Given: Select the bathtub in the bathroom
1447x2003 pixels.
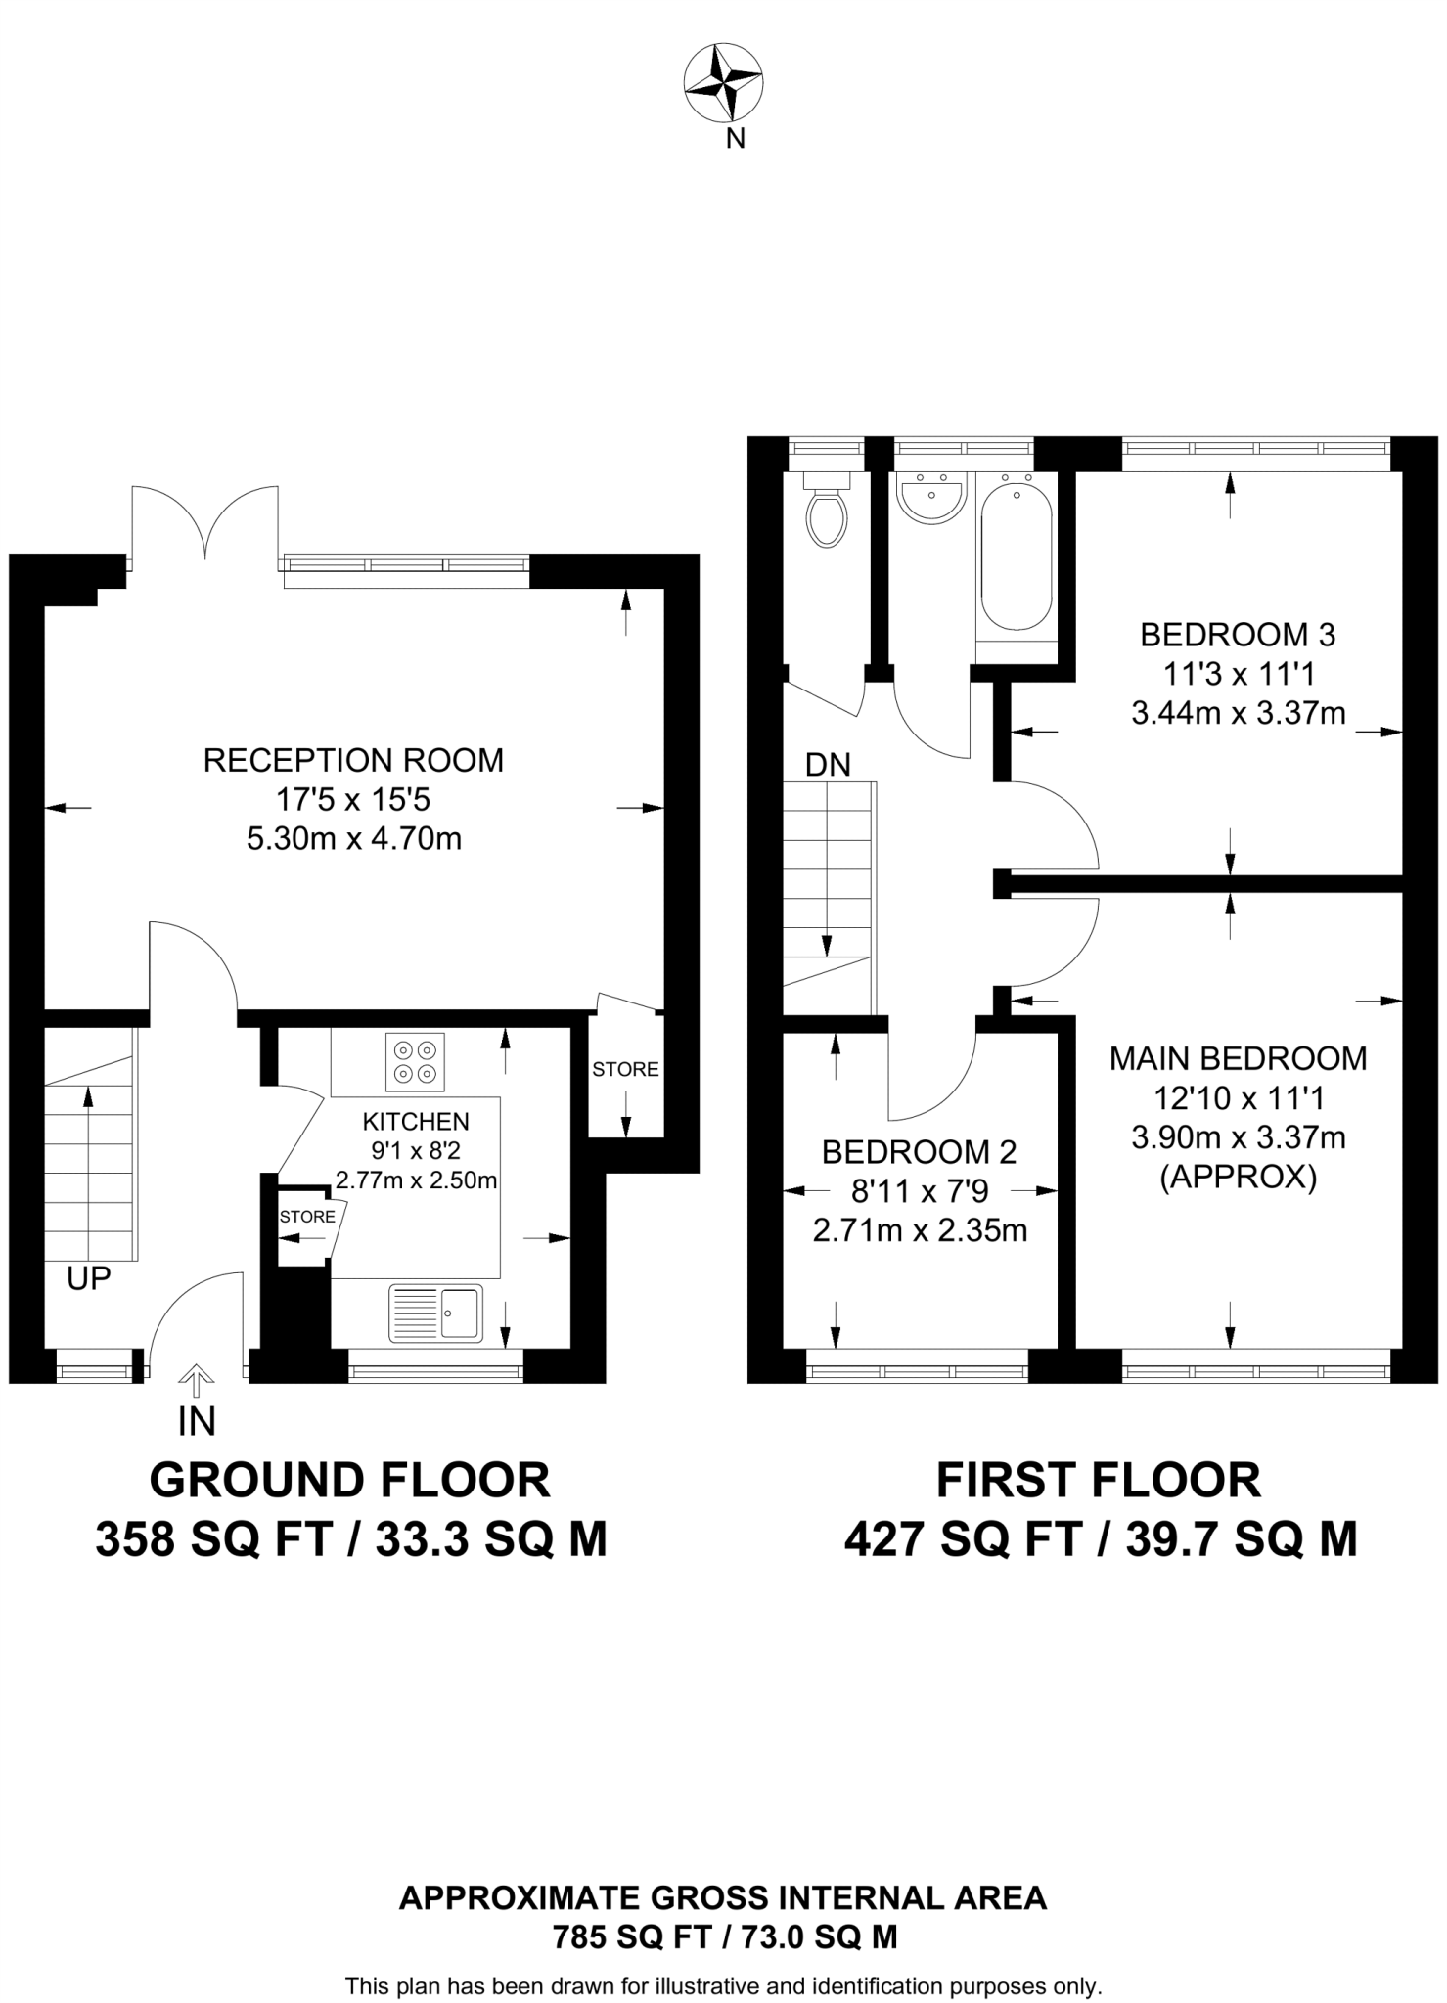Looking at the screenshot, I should [x=1017, y=556].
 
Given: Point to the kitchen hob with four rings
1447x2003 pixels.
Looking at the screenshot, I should [x=415, y=1061].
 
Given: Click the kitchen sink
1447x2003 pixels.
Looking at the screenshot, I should [x=436, y=1312].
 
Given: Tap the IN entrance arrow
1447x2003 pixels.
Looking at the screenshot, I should [x=197, y=1381].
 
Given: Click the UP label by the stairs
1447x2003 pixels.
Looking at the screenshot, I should [x=89, y=1277].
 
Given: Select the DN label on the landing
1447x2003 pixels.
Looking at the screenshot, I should [x=828, y=765].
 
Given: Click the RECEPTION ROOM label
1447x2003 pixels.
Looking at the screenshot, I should [x=353, y=760].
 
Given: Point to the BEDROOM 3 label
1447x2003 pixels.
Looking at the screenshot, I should [x=1238, y=635].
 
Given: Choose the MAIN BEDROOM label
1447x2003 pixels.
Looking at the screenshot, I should [x=1238, y=1058].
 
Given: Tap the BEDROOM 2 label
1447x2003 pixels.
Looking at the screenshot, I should [x=919, y=1152].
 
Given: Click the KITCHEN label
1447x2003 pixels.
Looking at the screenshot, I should [x=416, y=1121].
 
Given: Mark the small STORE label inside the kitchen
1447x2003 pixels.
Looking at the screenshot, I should [x=307, y=1217].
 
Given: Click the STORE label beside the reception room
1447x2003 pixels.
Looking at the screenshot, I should [x=625, y=1069].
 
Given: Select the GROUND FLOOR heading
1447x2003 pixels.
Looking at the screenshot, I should [x=349, y=1480].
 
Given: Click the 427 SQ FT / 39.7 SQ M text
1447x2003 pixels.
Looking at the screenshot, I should [x=1100, y=1538].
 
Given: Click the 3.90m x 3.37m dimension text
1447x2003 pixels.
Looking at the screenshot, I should [x=1238, y=1137].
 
